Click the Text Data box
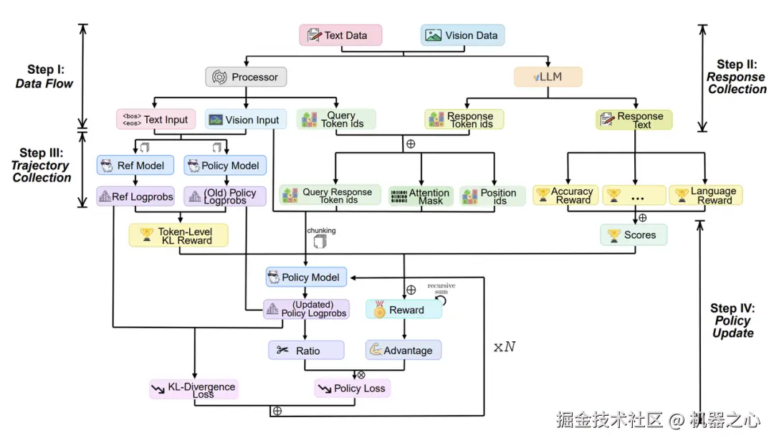[340, 35]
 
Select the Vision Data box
[462, 35]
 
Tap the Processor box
[246, 77]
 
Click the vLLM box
[548, 77]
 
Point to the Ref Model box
[131, 166]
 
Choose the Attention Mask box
[421, 196]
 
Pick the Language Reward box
[705, 195]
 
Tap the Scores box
[633, 235]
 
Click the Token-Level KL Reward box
[178, 235]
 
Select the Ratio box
[306, 351]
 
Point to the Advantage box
[403, 351]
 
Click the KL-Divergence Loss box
[193, 390]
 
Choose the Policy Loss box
[352, 389]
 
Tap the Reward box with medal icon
[403, 310]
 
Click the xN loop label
[504, 348]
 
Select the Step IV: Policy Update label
[732, 320]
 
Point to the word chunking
[321, 231]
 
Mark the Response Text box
[634, 120]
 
